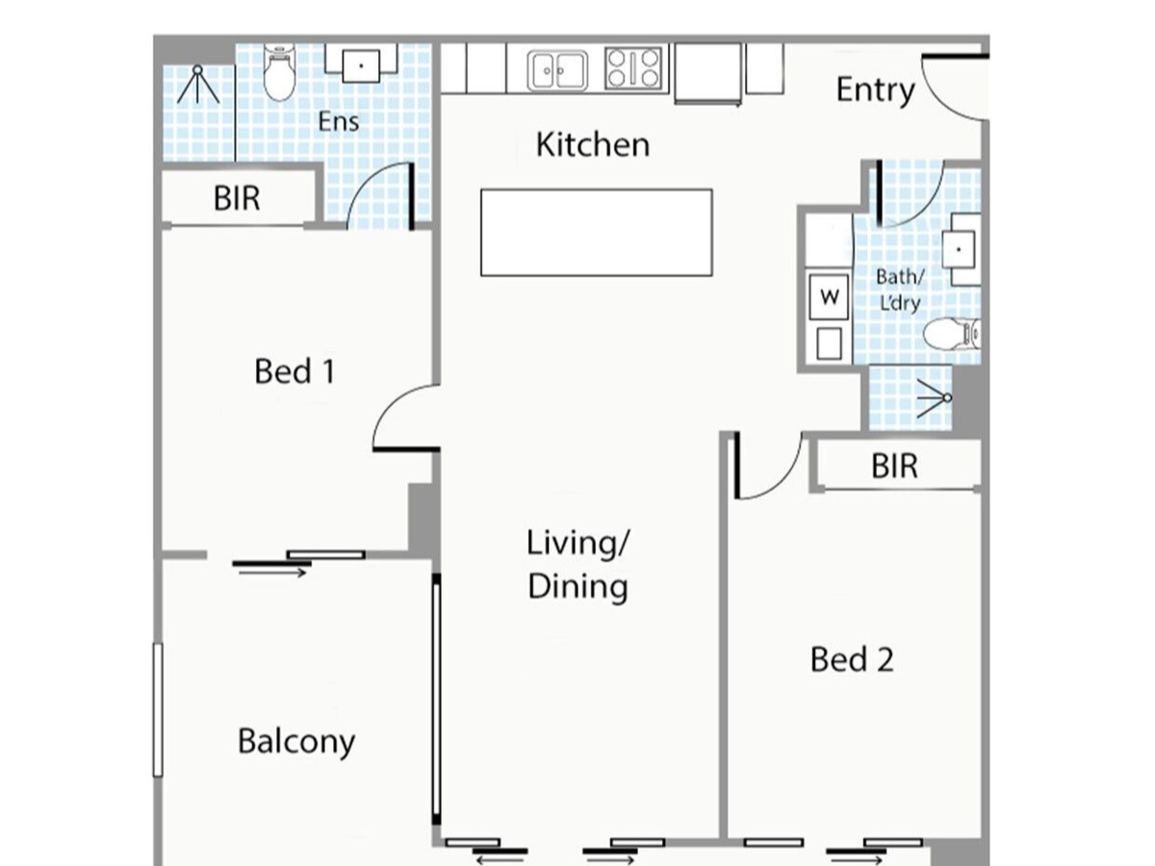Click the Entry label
[x=876, y=91]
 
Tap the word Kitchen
[x=593, y=144]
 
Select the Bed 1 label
[x=295, y=371]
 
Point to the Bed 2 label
[x=852, y=659]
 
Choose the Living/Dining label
[x=577, y=564]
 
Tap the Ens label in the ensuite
[x=339, y=122]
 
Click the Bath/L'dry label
[x=900, y=290]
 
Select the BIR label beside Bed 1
[x=237, y=198]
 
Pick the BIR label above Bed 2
[x=894, y=466]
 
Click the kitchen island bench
[x=597, y=233]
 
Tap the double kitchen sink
[x=557, y=70]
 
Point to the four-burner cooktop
[x=633, y=68]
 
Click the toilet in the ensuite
[x=279, y=74]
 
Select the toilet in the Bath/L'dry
[x=952, y=333]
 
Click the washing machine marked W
[x=829, y=297]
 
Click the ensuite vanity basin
[x=361, y=65]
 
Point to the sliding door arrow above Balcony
[x=272, y=573]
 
